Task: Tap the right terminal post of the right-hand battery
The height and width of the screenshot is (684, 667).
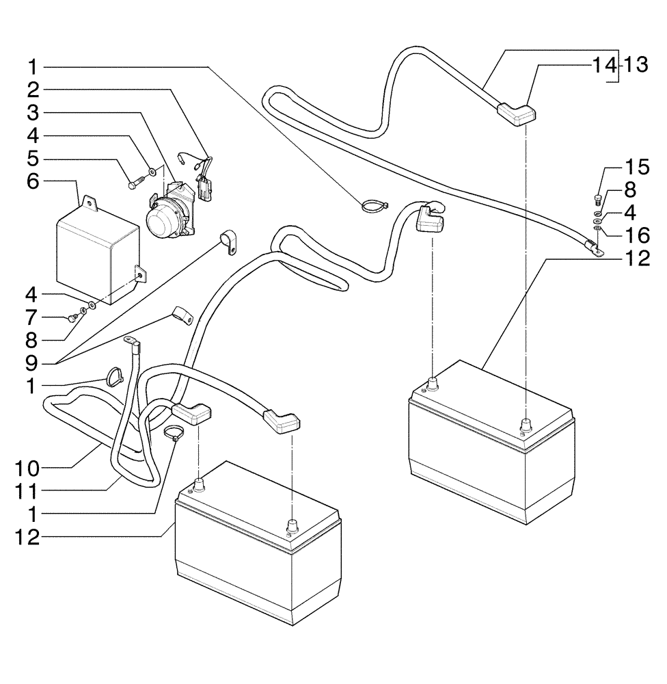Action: coord(526,425)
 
